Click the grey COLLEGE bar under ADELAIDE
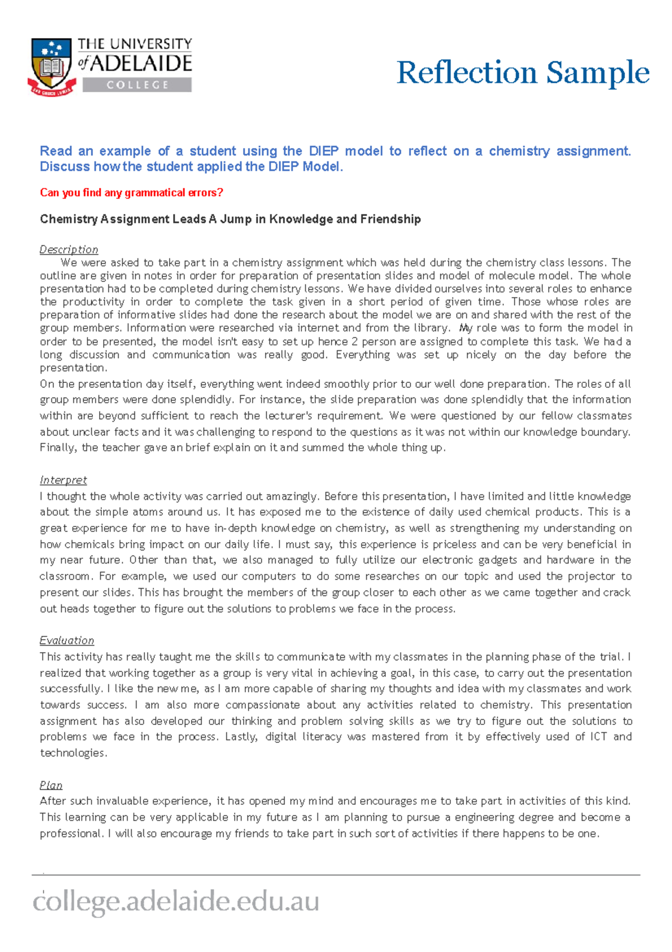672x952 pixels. pos(137,85)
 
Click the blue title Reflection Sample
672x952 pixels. pos(522,73)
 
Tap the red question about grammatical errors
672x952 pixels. pos(132,192)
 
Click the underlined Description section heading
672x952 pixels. pos(69,249)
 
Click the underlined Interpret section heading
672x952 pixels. pos(63,480)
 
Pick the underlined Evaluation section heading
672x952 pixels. pos(67,640)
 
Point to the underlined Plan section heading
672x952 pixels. pos(51,785)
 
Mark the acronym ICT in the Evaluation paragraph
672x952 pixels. pos(599,737)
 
